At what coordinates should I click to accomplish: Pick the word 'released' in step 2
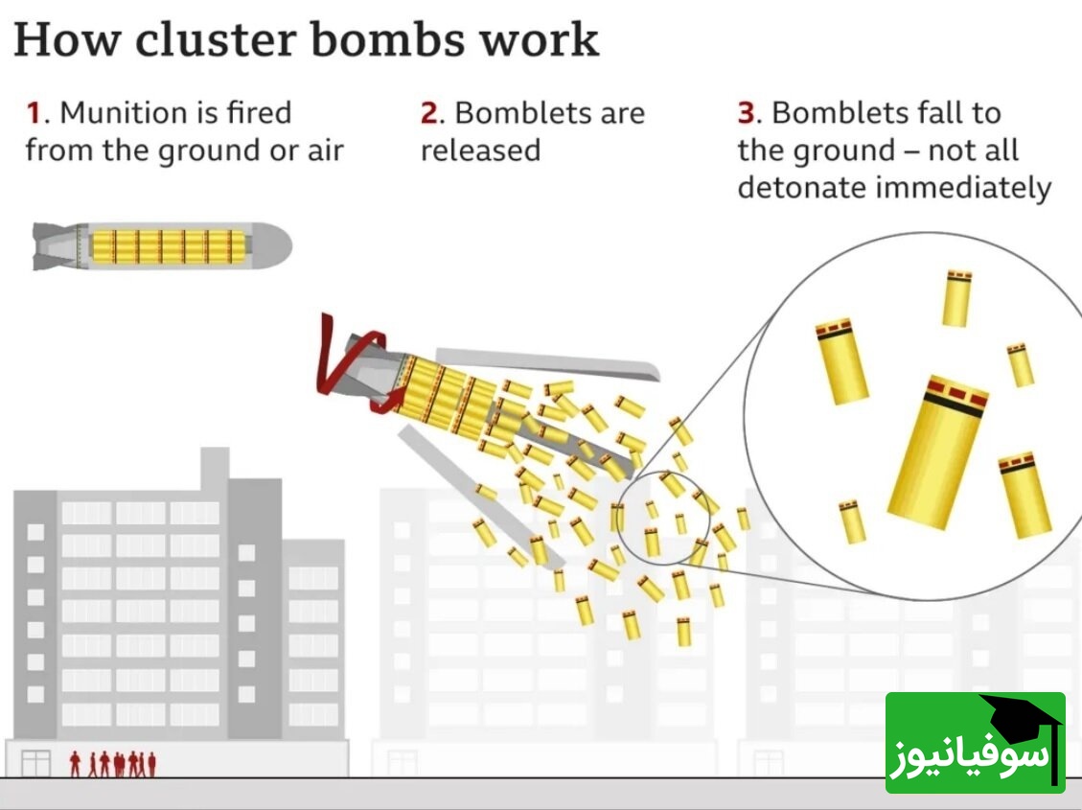tap(480, 150)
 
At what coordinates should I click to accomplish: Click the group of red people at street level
tap(113, 763)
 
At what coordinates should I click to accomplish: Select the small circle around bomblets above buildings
tap(660, 518)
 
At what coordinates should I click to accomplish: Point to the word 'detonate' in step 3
tap(801, 188)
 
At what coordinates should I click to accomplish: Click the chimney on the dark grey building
tap(215, 463)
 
